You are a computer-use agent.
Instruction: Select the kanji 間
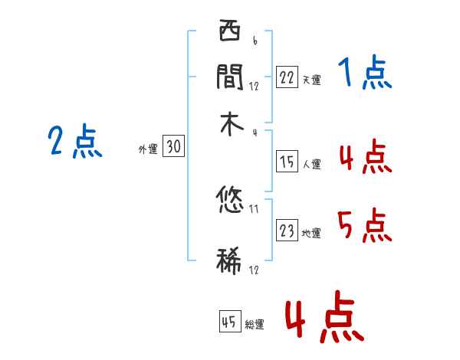point(230,77)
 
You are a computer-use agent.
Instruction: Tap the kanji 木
point(230,125)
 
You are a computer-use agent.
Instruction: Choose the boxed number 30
point(174,147)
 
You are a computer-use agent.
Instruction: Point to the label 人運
point(311,164)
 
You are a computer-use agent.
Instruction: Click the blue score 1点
point(365,74)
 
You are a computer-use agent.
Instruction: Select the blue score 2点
point(75,142)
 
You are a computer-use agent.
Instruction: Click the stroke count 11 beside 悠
point(255,208)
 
